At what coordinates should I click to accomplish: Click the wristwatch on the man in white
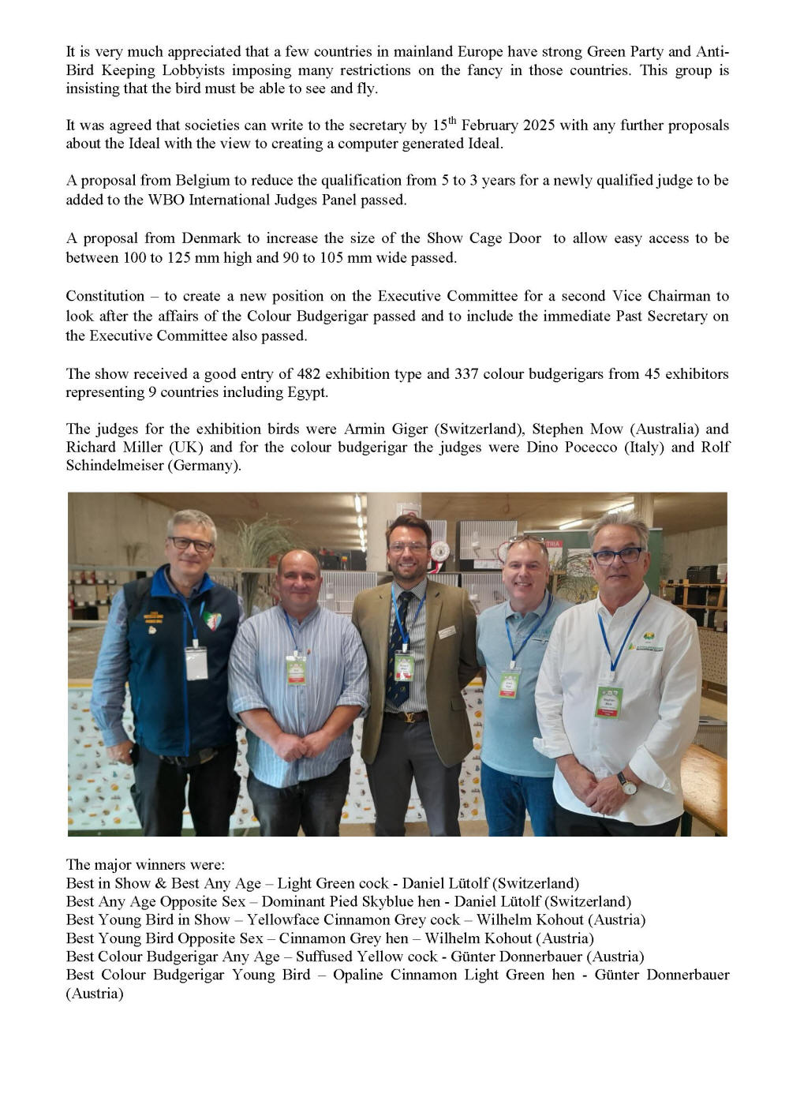[627, 783]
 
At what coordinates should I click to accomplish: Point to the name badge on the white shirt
[608, 701]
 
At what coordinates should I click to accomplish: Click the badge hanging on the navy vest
[196, 663]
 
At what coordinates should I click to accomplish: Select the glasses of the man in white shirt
[619, 555]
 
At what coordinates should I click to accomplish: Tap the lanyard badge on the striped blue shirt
[296, 670]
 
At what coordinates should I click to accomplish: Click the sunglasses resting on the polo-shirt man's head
[526, 541]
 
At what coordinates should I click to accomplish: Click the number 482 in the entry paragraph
[311, 373]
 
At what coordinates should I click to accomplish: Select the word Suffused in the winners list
[324, 957]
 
